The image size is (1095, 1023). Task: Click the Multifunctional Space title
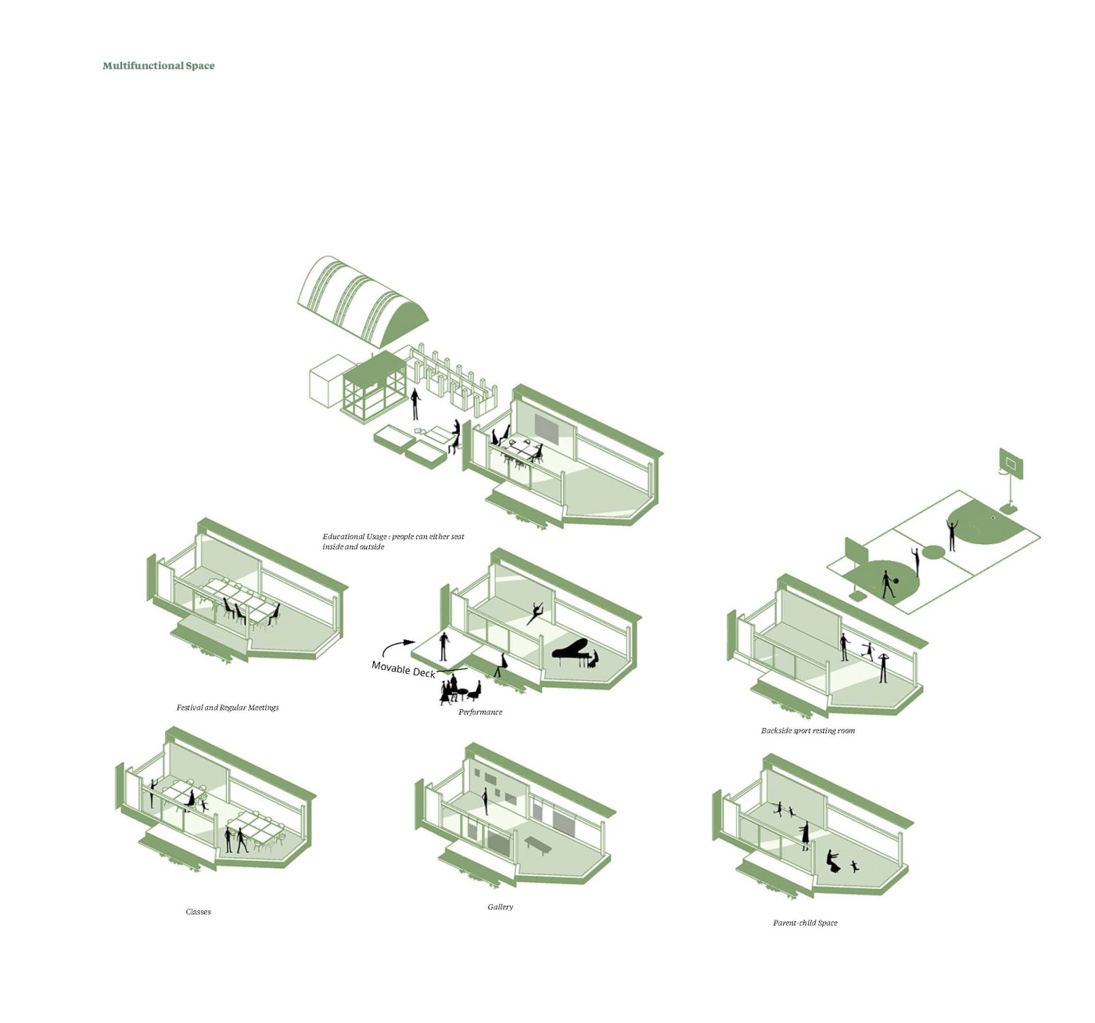tap(158, 66)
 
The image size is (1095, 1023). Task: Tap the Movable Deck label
tap(403, 669)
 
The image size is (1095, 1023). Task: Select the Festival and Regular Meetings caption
tap(227, 708)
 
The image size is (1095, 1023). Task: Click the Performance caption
tap(480, 712)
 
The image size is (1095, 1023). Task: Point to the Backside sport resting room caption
tap(808, 731)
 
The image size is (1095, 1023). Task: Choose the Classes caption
tap(198, 912)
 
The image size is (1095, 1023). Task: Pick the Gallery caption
tap(501, 907)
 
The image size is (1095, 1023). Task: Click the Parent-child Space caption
tap(805, 924)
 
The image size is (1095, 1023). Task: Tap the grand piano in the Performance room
tap(573, 651)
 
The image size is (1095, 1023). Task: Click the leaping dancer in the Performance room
tap(535, 611)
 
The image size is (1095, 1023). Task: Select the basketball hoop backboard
tap(1011, 464)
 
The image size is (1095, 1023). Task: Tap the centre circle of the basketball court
tap(933, 552)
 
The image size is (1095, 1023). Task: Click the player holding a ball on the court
tap(888, 584)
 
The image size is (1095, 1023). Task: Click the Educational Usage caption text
tap(393, 542)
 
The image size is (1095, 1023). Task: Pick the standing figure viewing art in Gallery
tap(485, 801)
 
